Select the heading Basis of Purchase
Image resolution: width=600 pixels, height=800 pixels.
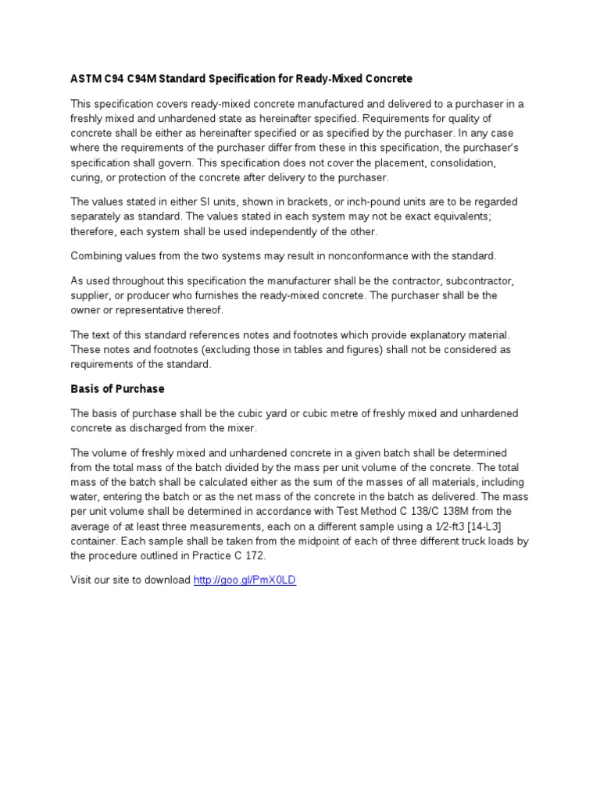tap(117, 388)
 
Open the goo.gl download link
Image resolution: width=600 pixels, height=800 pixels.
tap(245, 580)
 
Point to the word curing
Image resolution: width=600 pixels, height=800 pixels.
tap(86, 177)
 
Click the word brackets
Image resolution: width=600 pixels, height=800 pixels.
tap(312, 202)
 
